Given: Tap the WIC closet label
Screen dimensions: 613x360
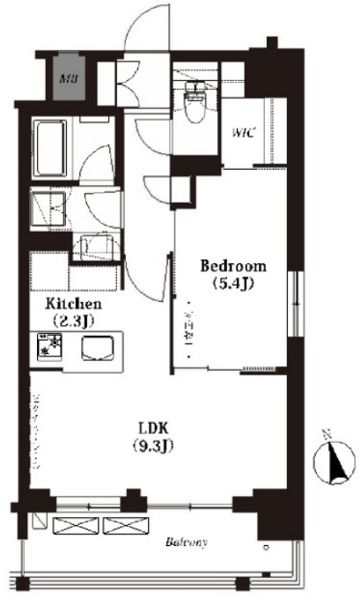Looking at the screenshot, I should pyautogui.click(x=243, y=134).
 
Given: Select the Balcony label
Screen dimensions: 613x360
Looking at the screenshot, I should pyautogui.click(x=186, y=543).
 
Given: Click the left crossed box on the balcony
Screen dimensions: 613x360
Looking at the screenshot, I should pyautogui.click(x=75, y=527).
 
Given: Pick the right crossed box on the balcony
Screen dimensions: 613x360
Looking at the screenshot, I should pyautogui.click(x=121, y=527).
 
